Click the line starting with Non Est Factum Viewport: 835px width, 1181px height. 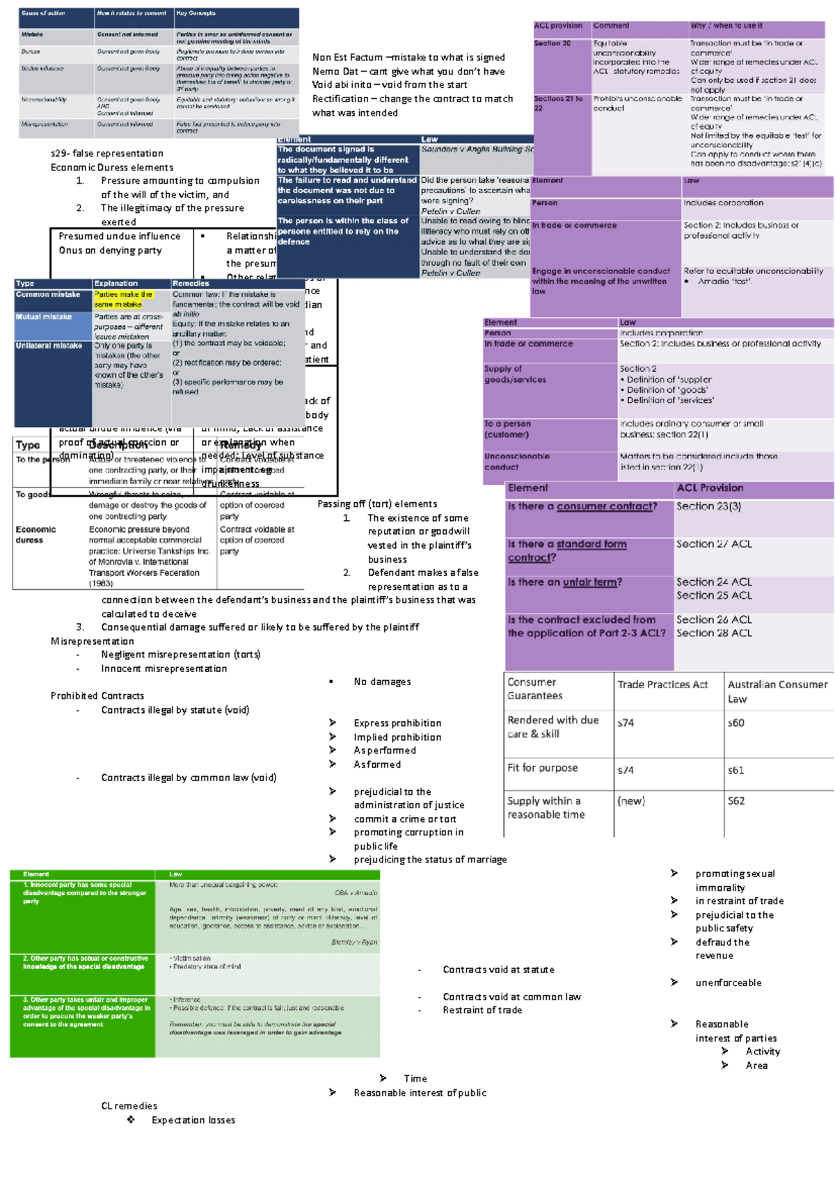(x=408, y=58)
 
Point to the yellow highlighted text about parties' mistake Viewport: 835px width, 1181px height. (x=123, y=300)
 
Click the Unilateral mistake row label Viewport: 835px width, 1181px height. (x=49, y=346)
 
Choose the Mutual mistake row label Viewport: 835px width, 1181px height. (x=44, y=317)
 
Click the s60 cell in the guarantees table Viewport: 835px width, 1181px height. (x=736, y=723)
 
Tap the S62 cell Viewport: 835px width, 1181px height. (x=736, y=801)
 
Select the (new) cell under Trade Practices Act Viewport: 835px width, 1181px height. (x=631, y=801)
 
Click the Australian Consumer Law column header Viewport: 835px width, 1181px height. (x=777, y=691)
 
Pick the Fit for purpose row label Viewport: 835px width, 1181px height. (x=543, y=768)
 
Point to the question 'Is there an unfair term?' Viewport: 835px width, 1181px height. (x=565, y=582)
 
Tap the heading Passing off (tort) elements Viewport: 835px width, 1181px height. (x=377, y=504)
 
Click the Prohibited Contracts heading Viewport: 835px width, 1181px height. (x=97, y=696)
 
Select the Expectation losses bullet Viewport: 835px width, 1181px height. (x=193, y=1120)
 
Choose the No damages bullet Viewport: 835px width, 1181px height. (x=382, y=682)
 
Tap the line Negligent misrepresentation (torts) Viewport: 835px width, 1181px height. (x=181, y=654)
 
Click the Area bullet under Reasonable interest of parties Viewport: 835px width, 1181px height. (x=756, y=1066)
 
